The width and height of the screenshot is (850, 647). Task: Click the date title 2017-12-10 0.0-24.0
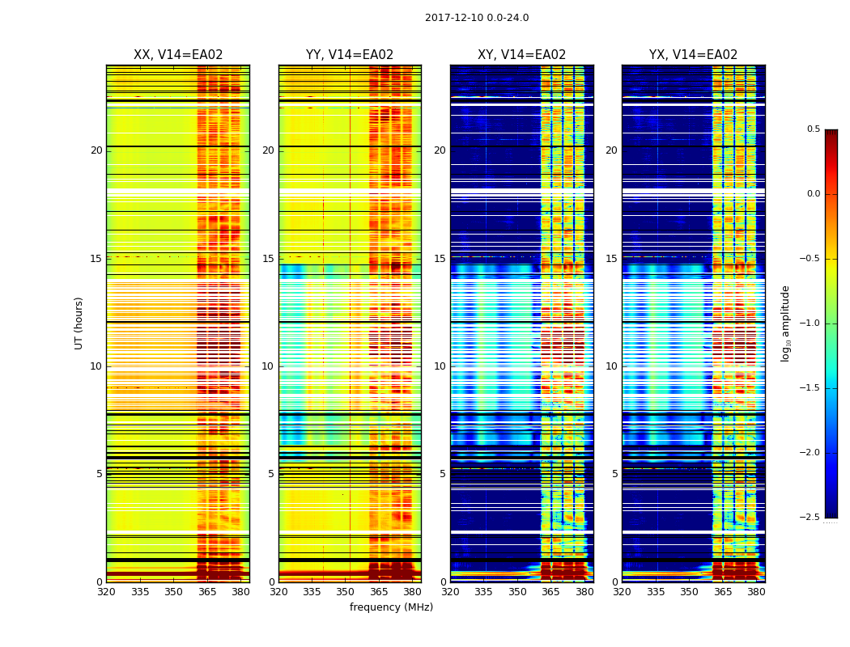click(477, 18)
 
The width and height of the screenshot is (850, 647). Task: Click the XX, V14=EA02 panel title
click(178, 55)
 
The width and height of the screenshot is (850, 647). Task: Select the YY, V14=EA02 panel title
click(350, 55)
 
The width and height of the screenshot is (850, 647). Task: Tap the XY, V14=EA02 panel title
click(521, 55)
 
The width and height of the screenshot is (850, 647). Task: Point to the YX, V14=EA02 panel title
click(693, 55)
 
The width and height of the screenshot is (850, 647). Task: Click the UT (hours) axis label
click(79, 323)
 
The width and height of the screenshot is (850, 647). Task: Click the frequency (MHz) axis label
click(391, 607)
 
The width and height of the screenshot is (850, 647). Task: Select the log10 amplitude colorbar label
click(785, 323)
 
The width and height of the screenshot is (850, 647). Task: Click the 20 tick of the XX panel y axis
click(96, 150)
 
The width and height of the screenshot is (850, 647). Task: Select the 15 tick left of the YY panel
click(268, 259)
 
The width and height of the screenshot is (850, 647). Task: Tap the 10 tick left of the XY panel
click(440, 366)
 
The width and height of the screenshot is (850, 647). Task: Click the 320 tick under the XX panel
click(106, 592)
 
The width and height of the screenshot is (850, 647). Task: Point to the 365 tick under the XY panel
click(550, 592)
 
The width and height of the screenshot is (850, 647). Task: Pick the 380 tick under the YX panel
click(756, 592)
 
